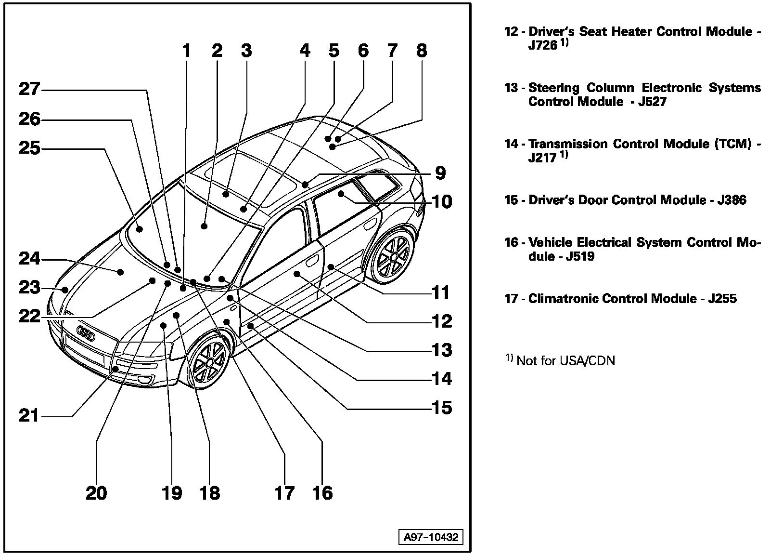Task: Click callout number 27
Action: pyautogui.click(x=29, y=90)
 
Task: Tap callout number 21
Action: pyautogui.click(x=29, y=415)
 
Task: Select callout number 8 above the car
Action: pyautogui.click(x=422, y=51)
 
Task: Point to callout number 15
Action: pyautogui.click(x=442, y=408)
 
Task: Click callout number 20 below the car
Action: pyautogui.click(x=96, y=493)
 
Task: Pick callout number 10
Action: pyautogui.click(x=442, y=201)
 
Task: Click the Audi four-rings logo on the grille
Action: pyautogui.click(x=86, y=332)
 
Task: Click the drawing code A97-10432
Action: pyautogui.click(x=431, y=537)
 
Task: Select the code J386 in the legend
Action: pyautogui.click(x=731, y=200)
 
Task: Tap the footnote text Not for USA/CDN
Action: pyautogui.click(x=565, y=361)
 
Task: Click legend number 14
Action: pyautogui.click(x=511, y=144)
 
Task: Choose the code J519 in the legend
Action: pyautogui.click(x=580, y=256)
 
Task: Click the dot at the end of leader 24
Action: pyautogui.click(x=121, y=272)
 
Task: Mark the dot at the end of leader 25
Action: pyautogui.click(x=140, y=229)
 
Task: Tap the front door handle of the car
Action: pyautogui.click(x=312, y=262)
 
